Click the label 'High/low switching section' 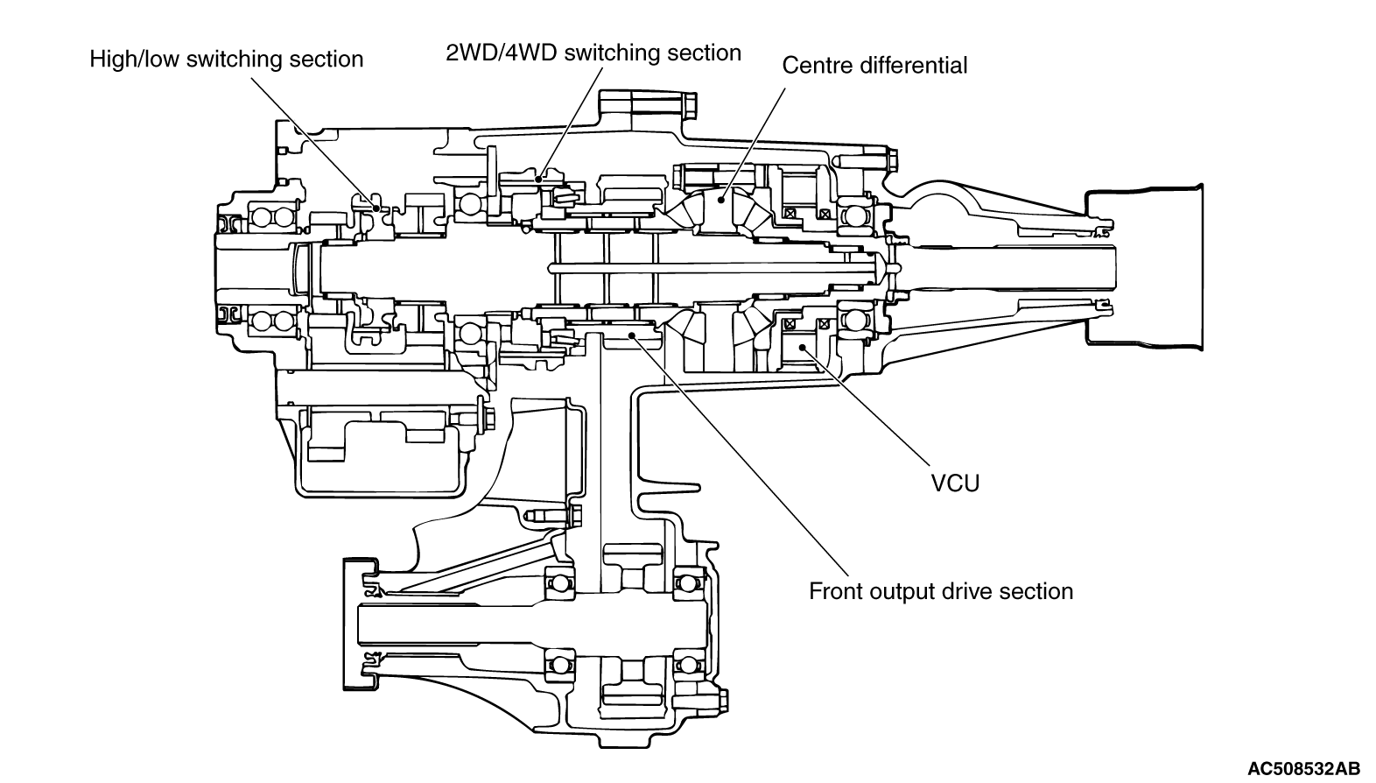(226, 60)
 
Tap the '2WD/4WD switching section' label (593, 53)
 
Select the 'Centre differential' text (874, 66)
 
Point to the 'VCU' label (955, 483)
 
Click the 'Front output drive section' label (940, 591)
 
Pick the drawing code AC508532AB (1303, 769)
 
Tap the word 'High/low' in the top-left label (134, 60)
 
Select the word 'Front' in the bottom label (836, 591)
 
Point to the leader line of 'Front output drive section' (727, 455)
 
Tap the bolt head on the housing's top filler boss (685, 104)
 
